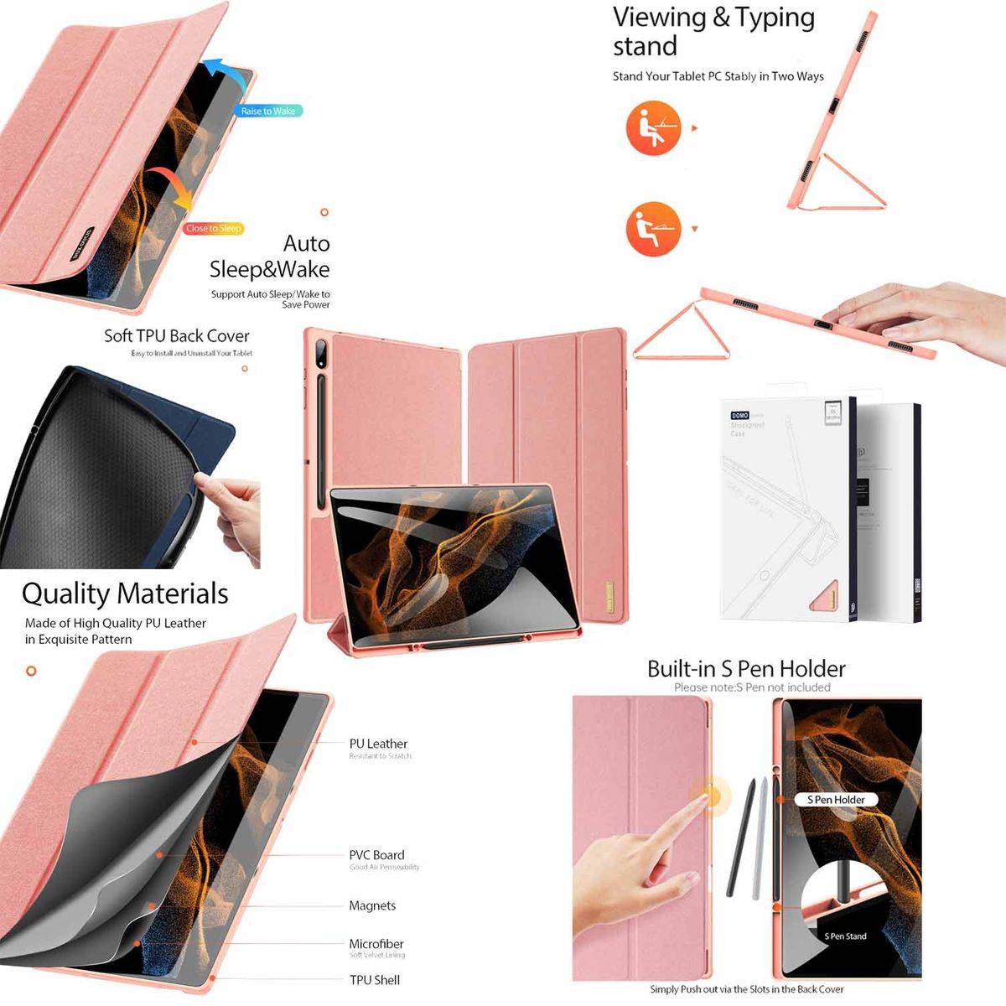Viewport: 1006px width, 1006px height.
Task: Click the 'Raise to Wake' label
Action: click(x=268, y=111)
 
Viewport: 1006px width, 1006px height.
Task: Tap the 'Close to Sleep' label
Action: click(x=214, y=228)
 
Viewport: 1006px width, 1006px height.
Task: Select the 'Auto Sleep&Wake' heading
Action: click(x=271, y=256)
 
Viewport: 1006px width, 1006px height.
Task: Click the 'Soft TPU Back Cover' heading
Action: click(x=177, y=336)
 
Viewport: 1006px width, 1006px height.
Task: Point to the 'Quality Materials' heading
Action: click(x=125, y=594)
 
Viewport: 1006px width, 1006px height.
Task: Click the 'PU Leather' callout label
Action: click(x=378, y=744)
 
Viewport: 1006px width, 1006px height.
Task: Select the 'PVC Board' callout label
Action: click(x=376, y=855)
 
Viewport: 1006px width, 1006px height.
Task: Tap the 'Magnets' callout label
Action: click(x=372, y=905)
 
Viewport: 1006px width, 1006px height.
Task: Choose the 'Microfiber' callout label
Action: click(x=376, y=944)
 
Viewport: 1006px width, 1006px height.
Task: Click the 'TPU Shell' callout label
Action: click(x=375, y=980)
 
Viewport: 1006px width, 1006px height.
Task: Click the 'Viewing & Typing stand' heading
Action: click(x=713, y=30)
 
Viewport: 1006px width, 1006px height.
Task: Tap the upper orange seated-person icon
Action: click(x=653, y=128)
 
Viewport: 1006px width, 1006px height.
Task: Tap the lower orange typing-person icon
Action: click(x=653, y=229)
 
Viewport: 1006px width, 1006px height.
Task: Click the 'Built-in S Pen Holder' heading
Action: click(x=746, y=669)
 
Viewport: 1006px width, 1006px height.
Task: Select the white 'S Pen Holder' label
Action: click(x=836, y=800)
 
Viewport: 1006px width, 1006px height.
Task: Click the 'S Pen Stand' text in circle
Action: click(x=845, y=936)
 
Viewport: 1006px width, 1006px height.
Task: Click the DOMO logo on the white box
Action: click(x=739, y=415)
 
